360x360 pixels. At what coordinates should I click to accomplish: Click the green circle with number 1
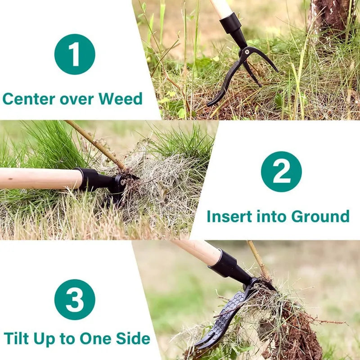click(75, 54)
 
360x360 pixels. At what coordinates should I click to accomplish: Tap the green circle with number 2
click(281, 171)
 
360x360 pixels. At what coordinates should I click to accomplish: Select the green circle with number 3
click(75, 299)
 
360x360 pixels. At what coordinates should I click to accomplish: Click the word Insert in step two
click(230, 216)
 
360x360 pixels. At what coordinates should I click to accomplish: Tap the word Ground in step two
click(320, 216)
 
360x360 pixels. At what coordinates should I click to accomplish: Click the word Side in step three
click(133, 338)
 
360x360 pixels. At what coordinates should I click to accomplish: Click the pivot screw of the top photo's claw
click(245, 53)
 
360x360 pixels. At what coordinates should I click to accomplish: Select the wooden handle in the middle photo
click(38, 179)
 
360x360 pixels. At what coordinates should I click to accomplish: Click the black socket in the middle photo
click(94, 179)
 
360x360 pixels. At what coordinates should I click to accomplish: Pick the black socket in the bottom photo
click(229, 267)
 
